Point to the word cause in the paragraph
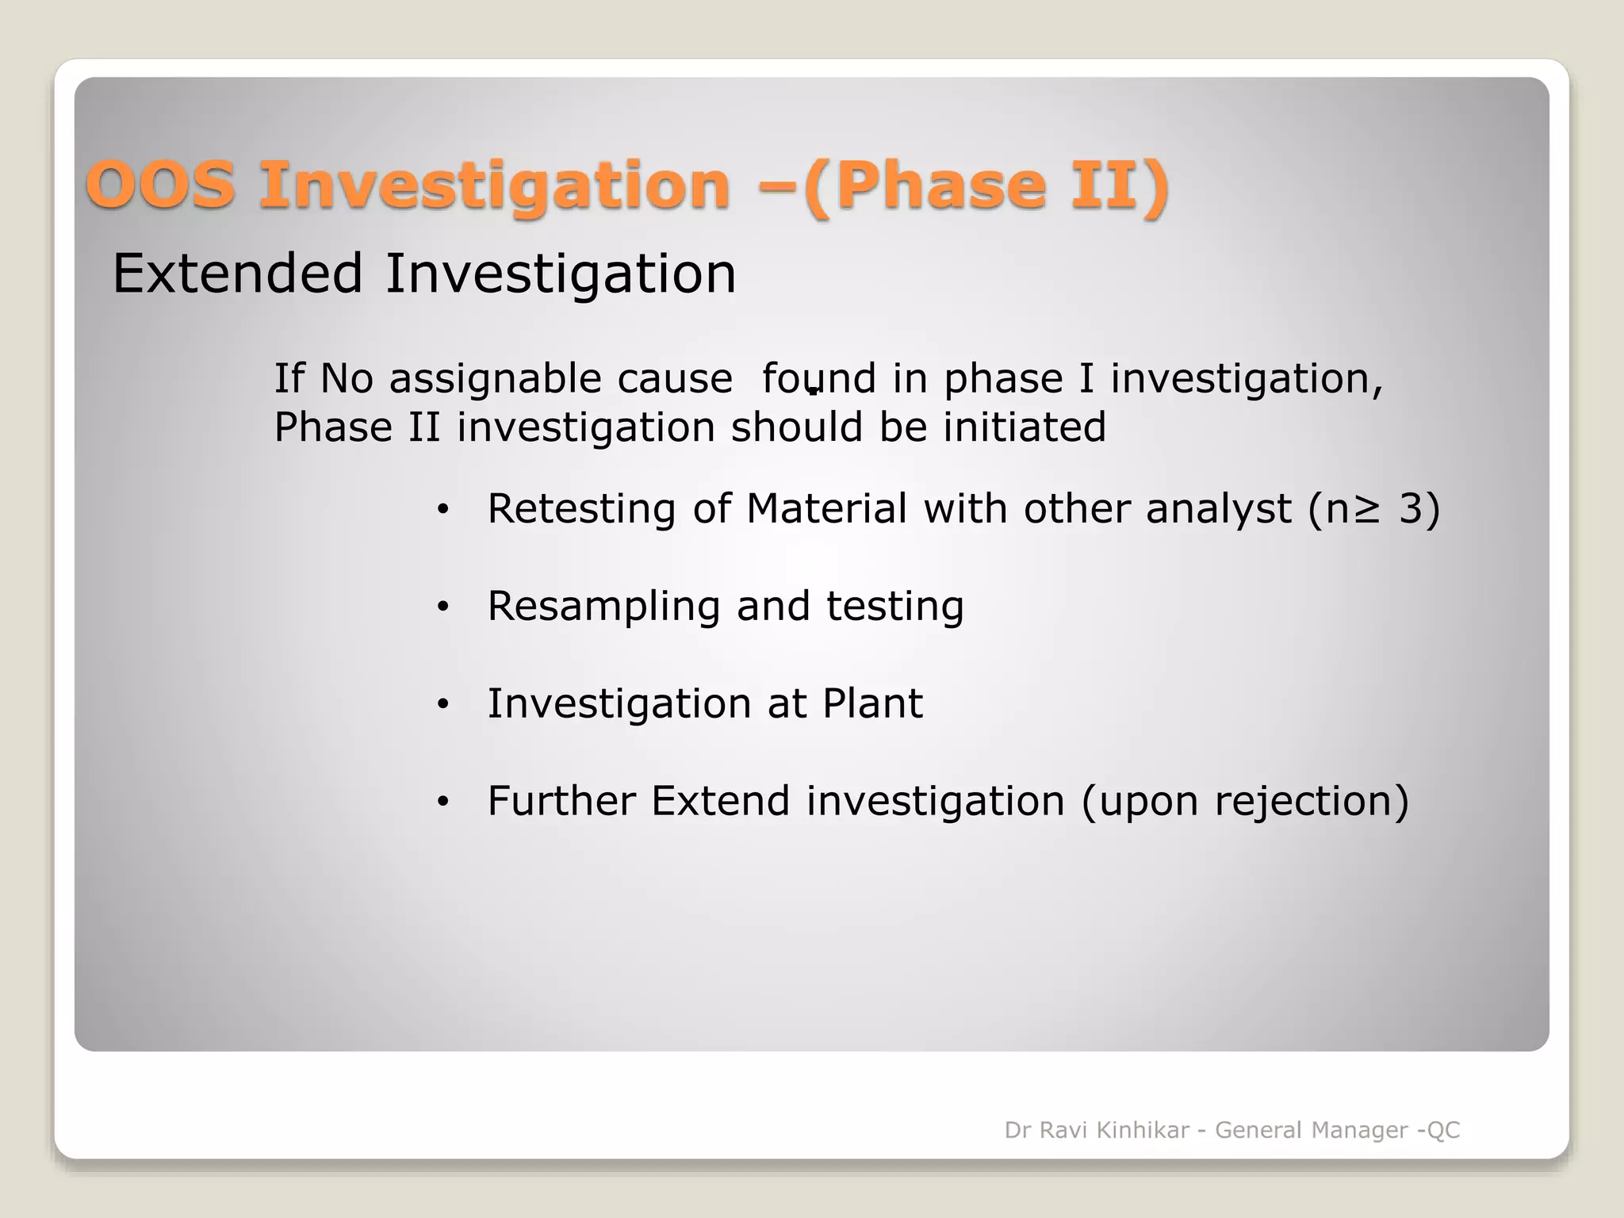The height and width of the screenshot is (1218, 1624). click(x=675, y=378)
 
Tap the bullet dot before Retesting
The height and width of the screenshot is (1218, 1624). click(x=442, y=510)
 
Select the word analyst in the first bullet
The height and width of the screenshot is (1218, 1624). click(x=1219, y=508)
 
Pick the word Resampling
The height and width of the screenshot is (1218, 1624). click(x=603, y=607)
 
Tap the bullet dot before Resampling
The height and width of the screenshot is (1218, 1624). click(x=442, y=607)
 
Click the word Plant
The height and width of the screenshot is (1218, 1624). click(x=872, y=703)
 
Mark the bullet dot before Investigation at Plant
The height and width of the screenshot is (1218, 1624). click(x=442, y=704)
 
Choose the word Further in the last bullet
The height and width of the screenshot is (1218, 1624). click(x=561, y=800)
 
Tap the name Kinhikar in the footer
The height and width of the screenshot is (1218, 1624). click(x=1143, y=1130)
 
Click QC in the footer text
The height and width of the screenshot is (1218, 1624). click(x=1443, y=1130)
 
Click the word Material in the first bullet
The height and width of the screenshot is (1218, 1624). click(x=826, y=508)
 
